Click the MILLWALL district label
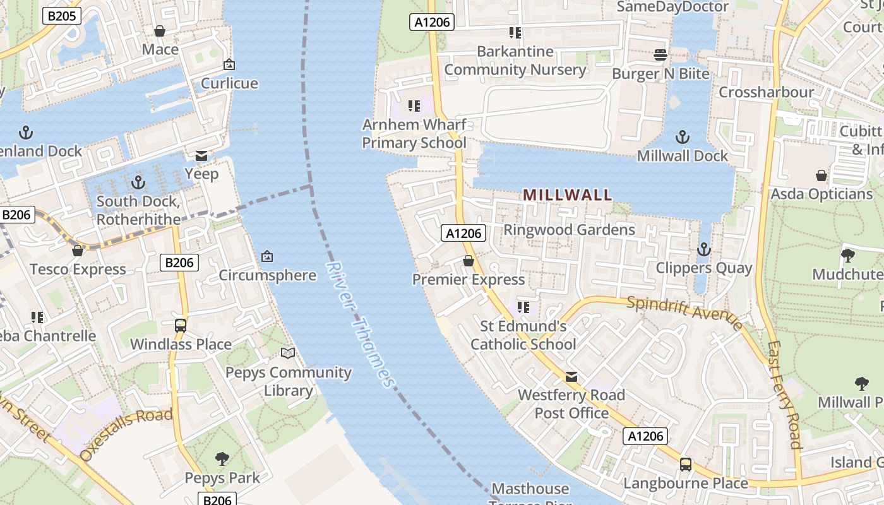click(x=568, y=195)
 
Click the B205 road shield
click(x=62, y=16)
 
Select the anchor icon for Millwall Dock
click(x=682, y=137)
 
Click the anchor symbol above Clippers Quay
click(x=703, y=249)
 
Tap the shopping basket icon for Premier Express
click(x=469, y=261)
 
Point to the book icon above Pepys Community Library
click(x=288, y=353)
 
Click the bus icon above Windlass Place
click(x=181, y=326)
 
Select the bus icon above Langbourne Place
click(x=686, y=465)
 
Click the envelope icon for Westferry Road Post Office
click(x=571, y=377)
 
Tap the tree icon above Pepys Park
click(x=222, y=458)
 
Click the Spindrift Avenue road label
click(x=685, y=312)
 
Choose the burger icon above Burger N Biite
click(x=660, y=55)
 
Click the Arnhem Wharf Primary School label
click(x=414, y=134)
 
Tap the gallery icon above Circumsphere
click(x=267, y=256)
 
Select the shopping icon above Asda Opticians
click(x=821, y=175)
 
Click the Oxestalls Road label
click(x=126, y=432)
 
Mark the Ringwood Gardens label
click(x=569, y=230)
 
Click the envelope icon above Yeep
click(x=201, y=156)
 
